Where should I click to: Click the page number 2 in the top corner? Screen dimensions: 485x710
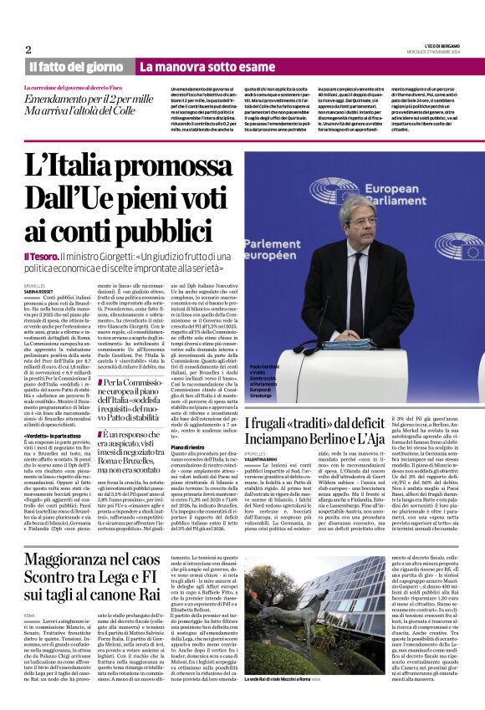[28, 49]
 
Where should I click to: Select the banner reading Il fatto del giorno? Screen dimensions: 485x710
[76, 67]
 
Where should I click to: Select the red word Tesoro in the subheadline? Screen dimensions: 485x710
[42, 255]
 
